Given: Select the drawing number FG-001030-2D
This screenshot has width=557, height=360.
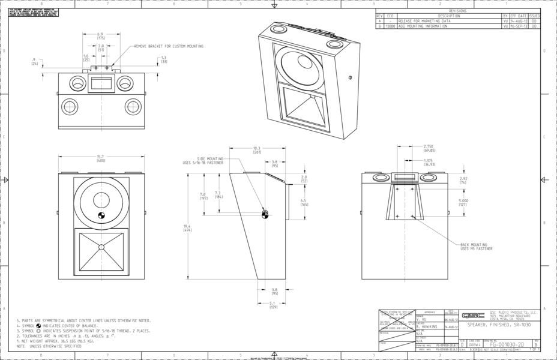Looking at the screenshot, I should (x=507, y=345).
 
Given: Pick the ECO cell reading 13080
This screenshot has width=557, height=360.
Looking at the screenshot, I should (x=390, y=26).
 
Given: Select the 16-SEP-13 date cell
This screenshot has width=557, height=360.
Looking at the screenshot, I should (x=518, y=26).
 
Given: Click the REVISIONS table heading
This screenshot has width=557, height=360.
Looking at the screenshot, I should (x=457, y=11).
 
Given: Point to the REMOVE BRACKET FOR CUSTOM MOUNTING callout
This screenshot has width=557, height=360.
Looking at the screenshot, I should (x=169, y=46).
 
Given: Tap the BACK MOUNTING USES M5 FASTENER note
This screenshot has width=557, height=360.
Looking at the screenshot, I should (x=476, y=247).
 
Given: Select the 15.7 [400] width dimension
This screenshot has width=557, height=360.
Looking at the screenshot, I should (x=101, y=159).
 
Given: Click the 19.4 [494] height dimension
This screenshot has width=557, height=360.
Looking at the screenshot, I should (x=187, y=228).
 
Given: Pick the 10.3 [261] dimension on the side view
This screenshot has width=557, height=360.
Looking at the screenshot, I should (x=257, y=150).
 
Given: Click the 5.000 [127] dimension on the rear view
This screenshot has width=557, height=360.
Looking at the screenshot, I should (x=463, y=202).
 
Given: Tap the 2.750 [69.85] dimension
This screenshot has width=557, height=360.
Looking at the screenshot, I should (x=429, y=148).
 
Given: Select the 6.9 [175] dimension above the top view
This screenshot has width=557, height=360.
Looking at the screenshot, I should (x=101, y=36).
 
